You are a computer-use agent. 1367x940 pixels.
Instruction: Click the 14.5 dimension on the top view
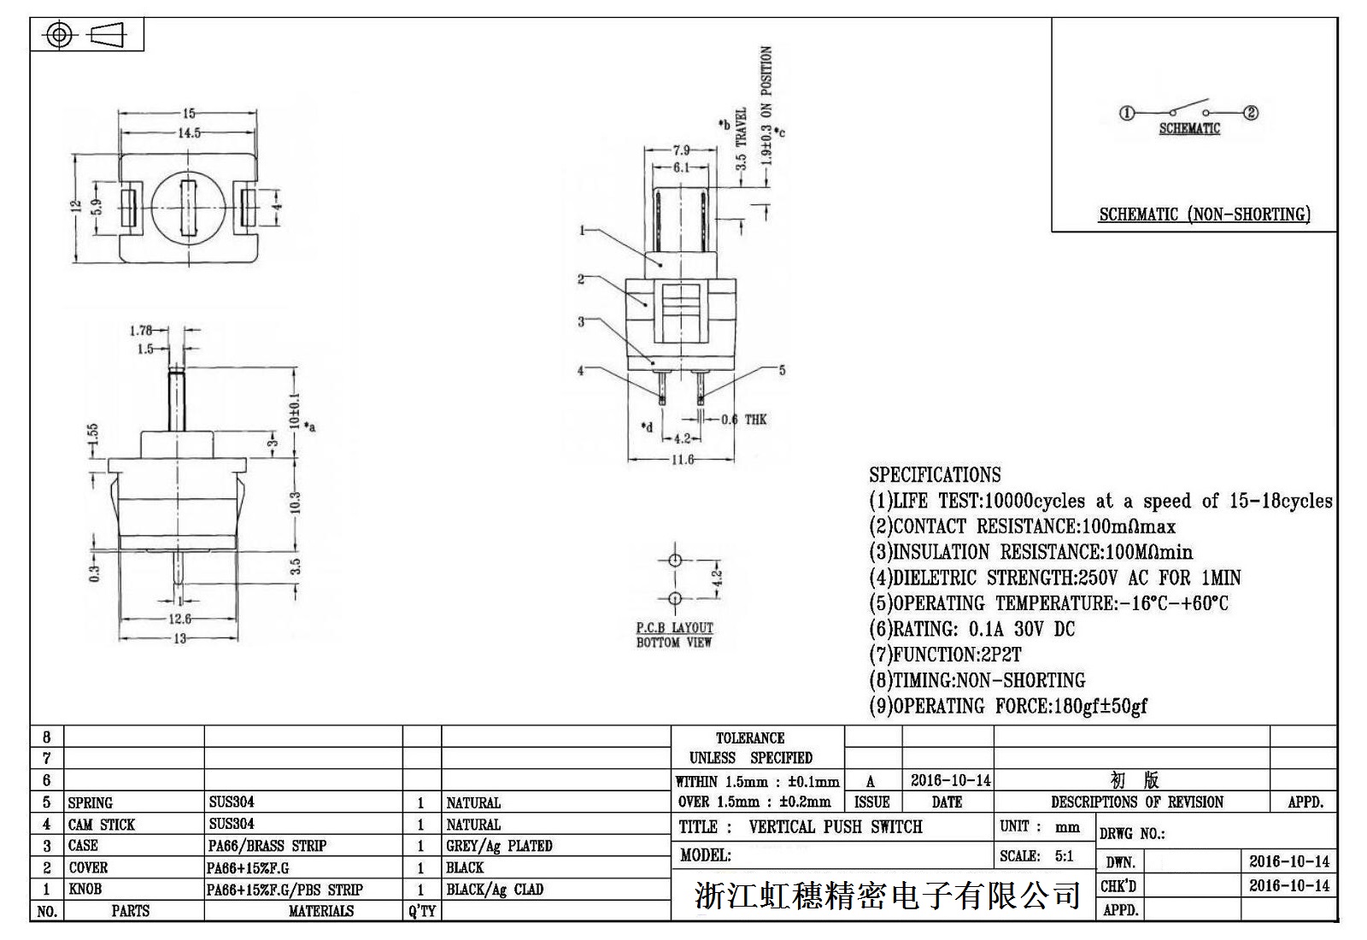point(189,132)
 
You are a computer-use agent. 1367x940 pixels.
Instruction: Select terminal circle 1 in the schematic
point(1127,113)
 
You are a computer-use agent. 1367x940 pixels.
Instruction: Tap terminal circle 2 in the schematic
point(1251,113)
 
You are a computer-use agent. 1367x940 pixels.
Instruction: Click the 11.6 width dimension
point(682,460)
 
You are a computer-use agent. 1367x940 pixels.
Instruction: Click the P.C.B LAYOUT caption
point(674,628)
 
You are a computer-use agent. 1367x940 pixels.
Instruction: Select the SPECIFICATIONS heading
point(935,475)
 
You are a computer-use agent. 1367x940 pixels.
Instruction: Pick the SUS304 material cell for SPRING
point(232,802)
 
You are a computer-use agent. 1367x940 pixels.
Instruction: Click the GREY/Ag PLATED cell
point(499,846)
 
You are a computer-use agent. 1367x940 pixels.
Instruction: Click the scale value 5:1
point(1064,856)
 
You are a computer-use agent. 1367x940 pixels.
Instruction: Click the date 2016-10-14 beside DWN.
point(1288,861)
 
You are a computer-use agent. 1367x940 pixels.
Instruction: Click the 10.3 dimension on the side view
point(296,502)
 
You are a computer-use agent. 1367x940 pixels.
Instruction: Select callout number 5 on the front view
point(781,370)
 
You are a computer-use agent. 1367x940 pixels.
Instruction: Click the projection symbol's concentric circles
point(58,35)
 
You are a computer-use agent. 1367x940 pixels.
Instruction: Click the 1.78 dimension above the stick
point(141,331)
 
